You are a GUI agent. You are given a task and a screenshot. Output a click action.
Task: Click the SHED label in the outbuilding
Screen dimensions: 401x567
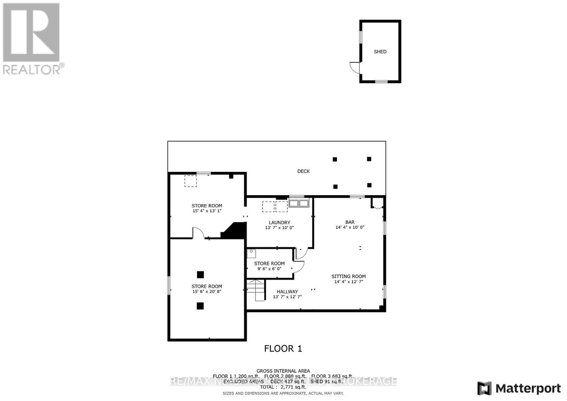pos(380,52)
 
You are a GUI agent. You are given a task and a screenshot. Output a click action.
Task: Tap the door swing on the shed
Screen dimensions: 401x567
pos(355,67)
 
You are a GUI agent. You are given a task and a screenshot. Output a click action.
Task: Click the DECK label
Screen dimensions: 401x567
pos(303,171)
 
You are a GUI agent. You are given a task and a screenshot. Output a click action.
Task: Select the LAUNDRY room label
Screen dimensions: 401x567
pos(279,222)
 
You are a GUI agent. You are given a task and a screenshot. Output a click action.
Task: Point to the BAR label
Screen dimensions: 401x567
pos(350,222)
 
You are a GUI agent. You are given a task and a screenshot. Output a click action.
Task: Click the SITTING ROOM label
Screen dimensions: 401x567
pos(349,276)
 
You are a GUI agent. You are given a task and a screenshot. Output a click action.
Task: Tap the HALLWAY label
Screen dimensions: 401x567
pos(287,292)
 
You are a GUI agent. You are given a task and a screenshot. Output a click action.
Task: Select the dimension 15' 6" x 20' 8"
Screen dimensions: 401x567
pos(207,292)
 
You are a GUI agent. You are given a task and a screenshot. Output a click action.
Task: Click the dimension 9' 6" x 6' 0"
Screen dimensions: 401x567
pos(269,269)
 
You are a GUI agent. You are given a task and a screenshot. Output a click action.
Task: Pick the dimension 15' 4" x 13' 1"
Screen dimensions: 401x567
pos(207,211)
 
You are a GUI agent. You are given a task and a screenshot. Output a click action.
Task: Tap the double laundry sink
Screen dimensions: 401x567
pos(299,203)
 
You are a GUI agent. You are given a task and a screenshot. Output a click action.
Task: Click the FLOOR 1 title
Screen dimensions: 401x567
pos(283,349)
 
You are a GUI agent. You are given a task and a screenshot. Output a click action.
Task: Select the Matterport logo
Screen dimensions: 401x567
pos(519,388)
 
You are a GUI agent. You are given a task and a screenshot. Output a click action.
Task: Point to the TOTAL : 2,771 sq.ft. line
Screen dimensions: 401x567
pos(283,387)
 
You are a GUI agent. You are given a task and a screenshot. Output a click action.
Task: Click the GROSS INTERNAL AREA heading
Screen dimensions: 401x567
pos(283,371)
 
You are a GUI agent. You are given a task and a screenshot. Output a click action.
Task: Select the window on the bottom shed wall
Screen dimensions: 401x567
pos(381,81)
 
